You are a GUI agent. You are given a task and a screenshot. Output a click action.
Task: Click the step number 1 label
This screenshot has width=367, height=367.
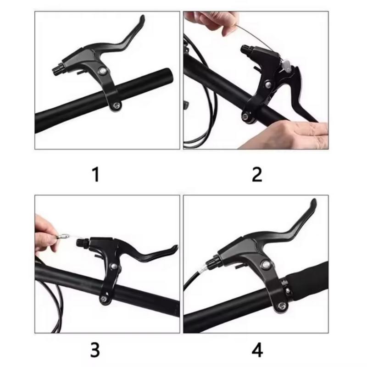[96, 175]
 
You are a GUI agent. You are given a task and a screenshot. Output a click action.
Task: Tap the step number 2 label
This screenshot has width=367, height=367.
[257, 175]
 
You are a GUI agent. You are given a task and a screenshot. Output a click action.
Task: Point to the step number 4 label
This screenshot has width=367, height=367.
[257, 350]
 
